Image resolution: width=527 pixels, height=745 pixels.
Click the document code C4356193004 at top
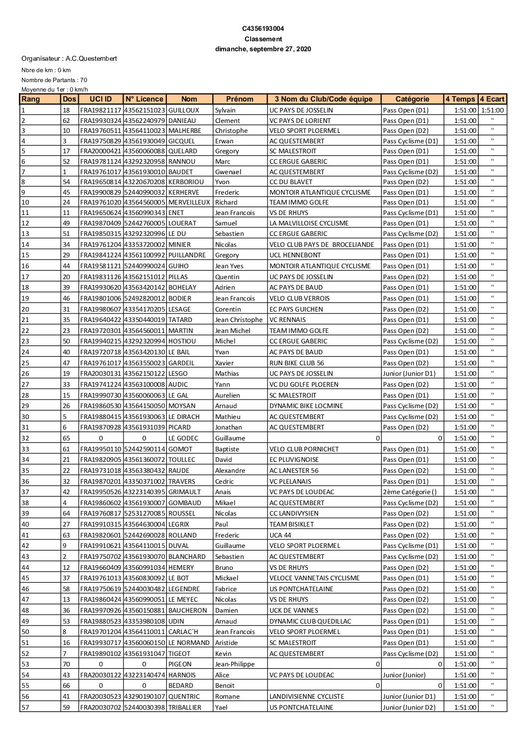point(263,29)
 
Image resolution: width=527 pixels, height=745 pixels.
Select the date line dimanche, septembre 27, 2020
point(263,49)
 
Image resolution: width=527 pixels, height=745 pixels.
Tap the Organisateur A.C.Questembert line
point(69,59)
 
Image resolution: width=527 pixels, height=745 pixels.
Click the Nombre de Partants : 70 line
point(54,80)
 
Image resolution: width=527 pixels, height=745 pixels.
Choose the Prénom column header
point(240,99)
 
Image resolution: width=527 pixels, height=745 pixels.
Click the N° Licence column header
point(144,99)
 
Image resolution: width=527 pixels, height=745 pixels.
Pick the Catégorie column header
point(412,99)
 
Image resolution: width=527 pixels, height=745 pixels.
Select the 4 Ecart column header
point(492,99)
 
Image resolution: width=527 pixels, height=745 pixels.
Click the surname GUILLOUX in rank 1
point(184,110)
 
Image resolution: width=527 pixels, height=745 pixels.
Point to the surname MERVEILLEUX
point(189,203)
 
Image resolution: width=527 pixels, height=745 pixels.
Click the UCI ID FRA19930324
point(101,120)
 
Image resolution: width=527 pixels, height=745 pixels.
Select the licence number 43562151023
point(144,110)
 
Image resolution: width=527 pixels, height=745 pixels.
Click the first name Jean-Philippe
point(235,664)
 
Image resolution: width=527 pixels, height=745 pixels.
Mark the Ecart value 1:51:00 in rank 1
point(492,110)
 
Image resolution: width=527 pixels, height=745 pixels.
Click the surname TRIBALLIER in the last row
point(185,707)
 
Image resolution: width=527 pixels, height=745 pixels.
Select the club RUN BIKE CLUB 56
point(296,363)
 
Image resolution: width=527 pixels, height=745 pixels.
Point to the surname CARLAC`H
point(184,632)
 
